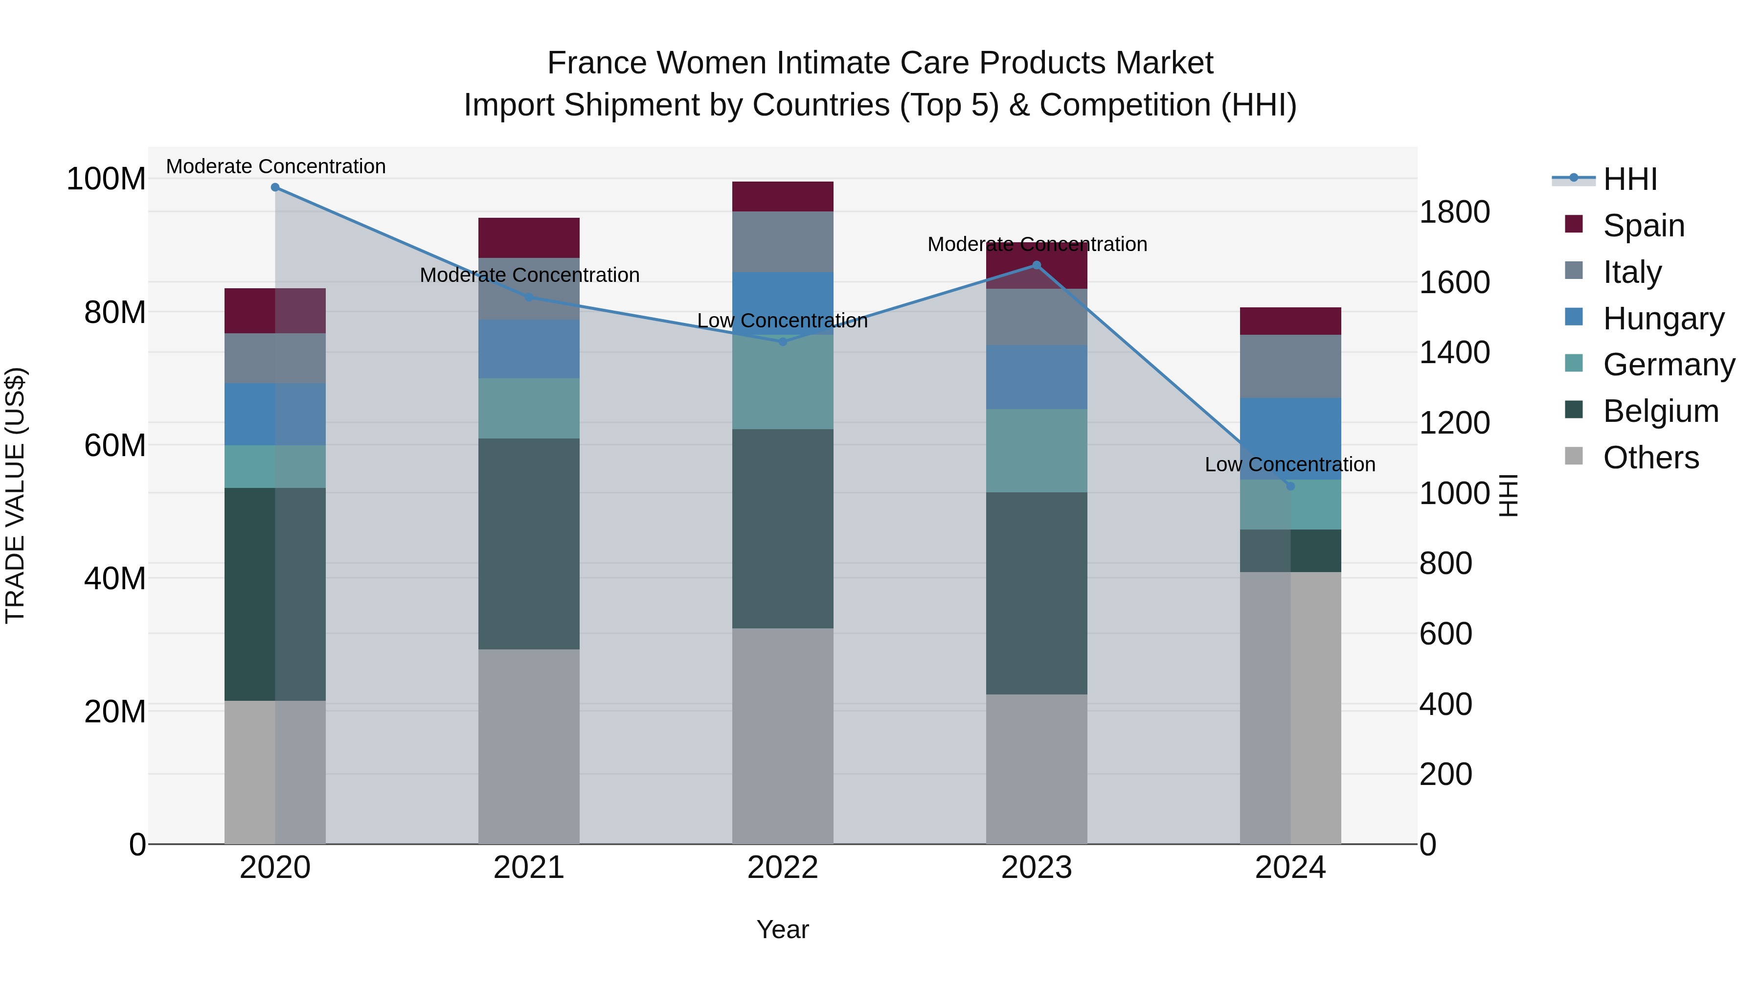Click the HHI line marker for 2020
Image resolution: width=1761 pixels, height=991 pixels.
275,187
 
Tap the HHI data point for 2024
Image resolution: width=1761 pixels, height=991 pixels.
1290,485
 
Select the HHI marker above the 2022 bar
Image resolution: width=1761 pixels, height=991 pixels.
783,341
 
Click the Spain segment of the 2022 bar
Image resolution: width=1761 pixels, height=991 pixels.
783,196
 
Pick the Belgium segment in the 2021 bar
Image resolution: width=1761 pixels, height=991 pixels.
528,544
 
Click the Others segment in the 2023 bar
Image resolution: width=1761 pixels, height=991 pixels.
1037,769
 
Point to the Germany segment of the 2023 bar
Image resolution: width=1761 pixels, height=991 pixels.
1037,450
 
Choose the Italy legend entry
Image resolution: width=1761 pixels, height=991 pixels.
1632,272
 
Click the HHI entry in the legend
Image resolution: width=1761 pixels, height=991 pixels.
1630,179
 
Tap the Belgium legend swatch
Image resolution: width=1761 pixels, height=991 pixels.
1574,411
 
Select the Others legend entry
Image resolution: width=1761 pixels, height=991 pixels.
1650,458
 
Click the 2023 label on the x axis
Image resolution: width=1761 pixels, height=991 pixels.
1037,868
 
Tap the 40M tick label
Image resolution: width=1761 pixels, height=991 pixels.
115,578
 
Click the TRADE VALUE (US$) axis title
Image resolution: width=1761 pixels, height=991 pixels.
15,495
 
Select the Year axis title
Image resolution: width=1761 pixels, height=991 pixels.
783,929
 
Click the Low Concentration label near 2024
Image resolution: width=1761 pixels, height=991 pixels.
1289,464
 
